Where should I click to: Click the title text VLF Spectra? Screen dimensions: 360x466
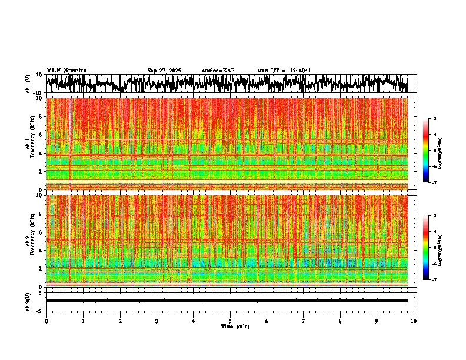click(x=66, y=71)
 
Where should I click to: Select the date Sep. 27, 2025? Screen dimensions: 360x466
click(x=164, y=71)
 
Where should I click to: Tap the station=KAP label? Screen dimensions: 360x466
click(x=218, y=71)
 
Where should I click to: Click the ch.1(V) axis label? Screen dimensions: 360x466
click(x=28, y=84)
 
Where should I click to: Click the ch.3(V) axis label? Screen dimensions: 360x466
click(x=28, y=301)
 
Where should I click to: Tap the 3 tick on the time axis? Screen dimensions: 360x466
click(x=157, y=321)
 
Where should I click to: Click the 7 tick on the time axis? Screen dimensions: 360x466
click(x=304, y=321)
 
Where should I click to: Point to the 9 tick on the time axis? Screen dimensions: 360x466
click(x=377, y=321)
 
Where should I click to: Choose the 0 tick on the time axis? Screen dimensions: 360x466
click(x=46, y=321)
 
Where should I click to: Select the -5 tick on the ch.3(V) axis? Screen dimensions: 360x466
click(x=40, y=310)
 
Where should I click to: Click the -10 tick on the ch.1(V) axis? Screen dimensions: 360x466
click(x=39, y=93)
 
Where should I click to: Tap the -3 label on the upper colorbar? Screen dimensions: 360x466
click(x=434, y=119)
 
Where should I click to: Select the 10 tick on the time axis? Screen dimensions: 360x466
click(x=414, y=321)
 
